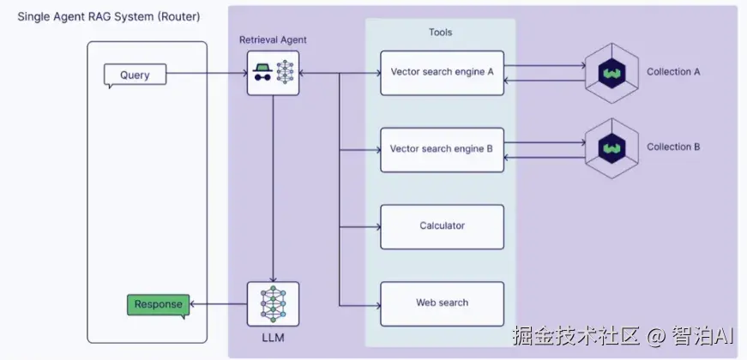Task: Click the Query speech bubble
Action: point(134,75)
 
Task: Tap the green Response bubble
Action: point(158,305)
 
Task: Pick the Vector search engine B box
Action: point(442,149)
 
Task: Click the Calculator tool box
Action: point(442,226)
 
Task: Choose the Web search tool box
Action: point(442,303)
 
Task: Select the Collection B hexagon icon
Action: point(611,148)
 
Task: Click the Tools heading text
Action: point(440,33)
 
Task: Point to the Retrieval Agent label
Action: point(272,40)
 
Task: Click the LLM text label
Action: point(273,339)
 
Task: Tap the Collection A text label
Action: point(673,72)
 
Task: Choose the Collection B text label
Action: point(673,147)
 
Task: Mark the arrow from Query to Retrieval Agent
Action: point(206,75)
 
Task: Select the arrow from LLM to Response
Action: point(218,304)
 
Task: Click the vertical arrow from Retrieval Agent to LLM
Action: point(273,189)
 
